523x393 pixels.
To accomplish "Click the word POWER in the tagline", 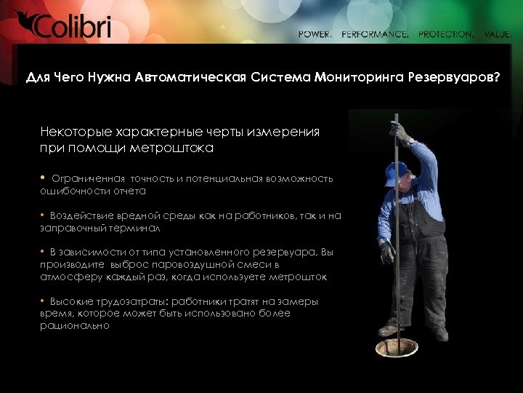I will click(x=315, y=34).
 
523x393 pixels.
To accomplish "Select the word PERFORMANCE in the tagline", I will click(x=375, y=34).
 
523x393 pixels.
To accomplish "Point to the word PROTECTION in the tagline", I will click(x=446, y=34).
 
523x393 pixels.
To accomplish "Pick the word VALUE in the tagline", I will click(x=498, y=34).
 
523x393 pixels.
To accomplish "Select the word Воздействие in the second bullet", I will click(x=83, y=215).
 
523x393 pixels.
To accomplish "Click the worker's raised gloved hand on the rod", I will click(x=399, y=132).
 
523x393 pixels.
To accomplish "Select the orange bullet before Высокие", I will click(x=43, y=301).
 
